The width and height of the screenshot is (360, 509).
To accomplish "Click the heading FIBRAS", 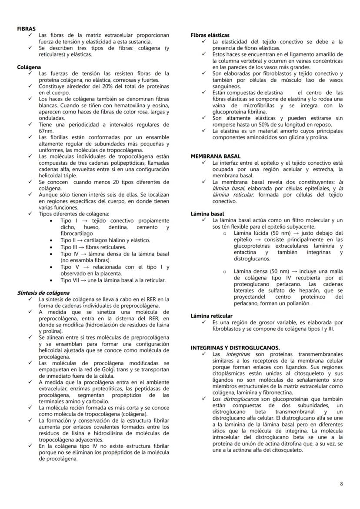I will click(x=26, y=28).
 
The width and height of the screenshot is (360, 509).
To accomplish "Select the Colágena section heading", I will click(x=29, y=67).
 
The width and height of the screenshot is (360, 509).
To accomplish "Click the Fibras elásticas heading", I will click(x=210, y=35).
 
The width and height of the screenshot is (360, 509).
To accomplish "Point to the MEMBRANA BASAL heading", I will click(x=215, y=156).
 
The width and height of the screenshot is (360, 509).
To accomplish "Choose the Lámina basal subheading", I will click(x=207, y=214).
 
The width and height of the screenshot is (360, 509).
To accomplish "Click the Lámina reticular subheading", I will click(x=211, y=316).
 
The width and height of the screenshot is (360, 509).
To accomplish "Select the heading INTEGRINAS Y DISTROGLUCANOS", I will click(x=235, y=348).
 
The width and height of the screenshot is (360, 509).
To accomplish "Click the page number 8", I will click(x=341, y=483).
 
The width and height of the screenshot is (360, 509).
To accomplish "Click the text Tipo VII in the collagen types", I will click(x=70, y=280).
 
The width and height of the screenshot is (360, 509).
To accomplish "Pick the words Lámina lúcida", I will click(x=251, y=233).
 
